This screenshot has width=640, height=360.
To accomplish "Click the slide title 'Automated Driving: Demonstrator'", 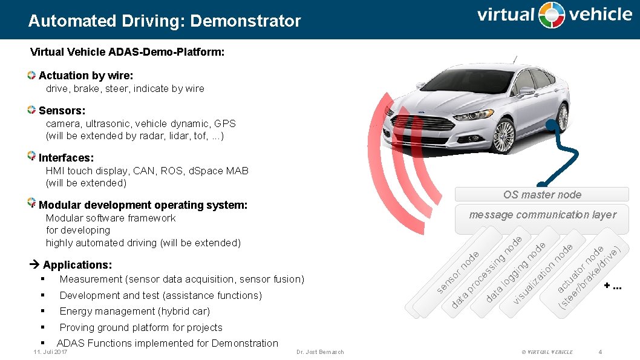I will [x=164, y=21].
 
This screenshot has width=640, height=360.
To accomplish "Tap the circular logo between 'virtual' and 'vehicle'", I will [x=551, y=15].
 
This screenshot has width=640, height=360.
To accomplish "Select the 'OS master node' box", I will [x=542, y=194].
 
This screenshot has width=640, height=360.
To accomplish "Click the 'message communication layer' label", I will [x=543, y=215].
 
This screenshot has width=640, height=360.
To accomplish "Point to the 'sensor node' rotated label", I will [x=458, y=272].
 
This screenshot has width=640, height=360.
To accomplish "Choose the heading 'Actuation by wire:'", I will [x=85, y=76].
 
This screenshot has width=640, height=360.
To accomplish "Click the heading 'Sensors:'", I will [x=62, y=111].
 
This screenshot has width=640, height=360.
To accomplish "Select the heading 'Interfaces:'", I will [x=66, y=158].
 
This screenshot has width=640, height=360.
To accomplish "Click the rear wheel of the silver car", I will [x=563, y=117].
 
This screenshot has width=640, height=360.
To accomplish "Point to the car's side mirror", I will [x=526, y=92].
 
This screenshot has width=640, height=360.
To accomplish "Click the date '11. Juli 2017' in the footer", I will [x=50, y=352].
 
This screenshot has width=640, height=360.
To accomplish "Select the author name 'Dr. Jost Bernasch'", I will [x=320, y=352].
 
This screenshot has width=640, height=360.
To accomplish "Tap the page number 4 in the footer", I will [x=599, y=352].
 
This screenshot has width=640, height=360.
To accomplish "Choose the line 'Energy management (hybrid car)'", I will [x=134, y=312].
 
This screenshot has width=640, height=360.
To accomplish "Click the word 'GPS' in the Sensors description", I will [x=225, y=123].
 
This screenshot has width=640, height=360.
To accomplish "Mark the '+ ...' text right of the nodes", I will [x=613, y=287].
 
